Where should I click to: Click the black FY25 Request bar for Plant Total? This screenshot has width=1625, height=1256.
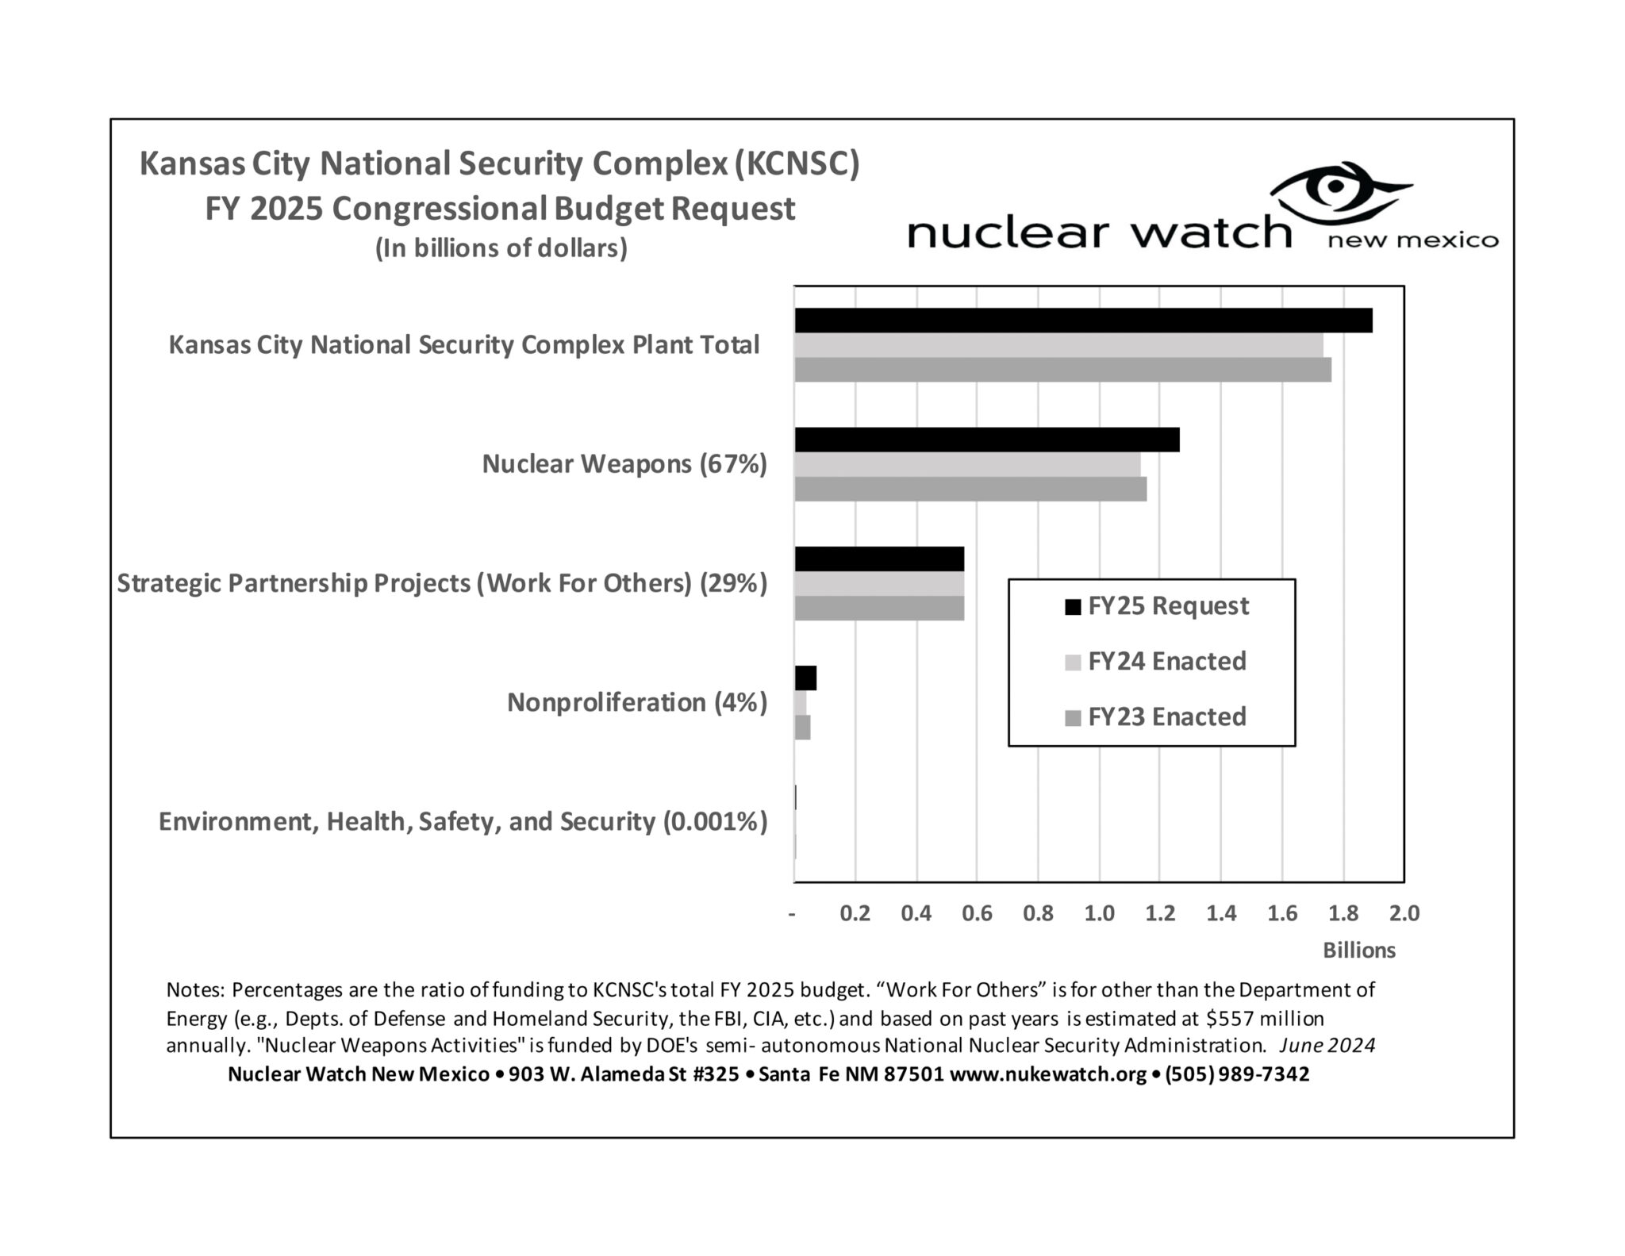click(1083, 321)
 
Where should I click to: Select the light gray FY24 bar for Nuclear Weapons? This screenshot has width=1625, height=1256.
click(967, 464)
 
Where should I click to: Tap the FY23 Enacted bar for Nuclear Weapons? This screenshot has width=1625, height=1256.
click(970, 489)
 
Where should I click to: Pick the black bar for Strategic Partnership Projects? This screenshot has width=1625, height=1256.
click(879, 559)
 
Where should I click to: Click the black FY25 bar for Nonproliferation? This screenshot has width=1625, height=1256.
click(805, 678)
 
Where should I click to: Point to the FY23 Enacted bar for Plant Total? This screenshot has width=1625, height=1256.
click(1062, 370)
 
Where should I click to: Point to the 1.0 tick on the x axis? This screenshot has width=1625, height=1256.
click(1099, 913)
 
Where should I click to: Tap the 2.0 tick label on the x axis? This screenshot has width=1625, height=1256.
click(1404, 913)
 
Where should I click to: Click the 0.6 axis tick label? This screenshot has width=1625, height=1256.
click(977, 913)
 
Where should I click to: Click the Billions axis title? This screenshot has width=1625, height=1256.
click(1358, 951)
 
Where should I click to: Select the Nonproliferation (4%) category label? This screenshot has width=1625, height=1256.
click(636, 703)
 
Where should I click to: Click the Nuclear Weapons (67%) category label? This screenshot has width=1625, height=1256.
click(624, 464)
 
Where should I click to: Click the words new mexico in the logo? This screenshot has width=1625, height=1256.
click(1413, 240)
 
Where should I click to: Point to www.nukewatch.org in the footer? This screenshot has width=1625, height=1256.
click(1047, 1074)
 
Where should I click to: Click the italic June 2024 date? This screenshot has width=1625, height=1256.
click(1327, 1046)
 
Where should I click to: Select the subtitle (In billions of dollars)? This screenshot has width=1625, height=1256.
click(501, 248)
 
